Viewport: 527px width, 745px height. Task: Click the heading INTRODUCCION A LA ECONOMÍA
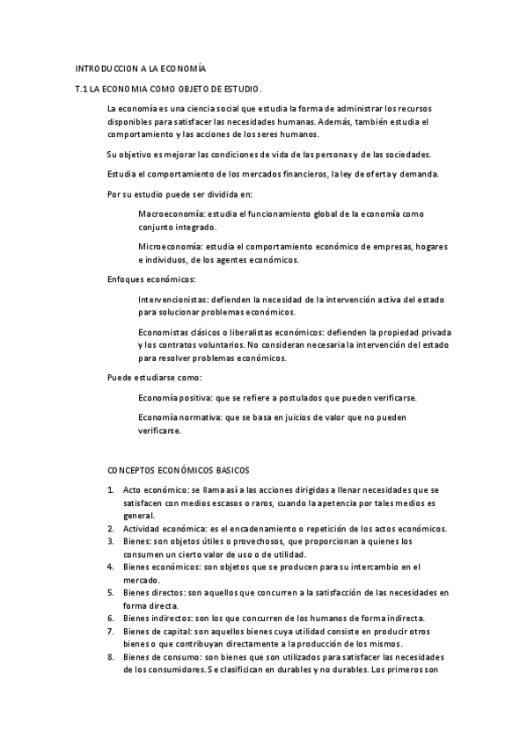(x=141, y=69)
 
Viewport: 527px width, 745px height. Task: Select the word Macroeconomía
(x=166, y=213)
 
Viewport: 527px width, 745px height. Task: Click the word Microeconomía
(x=165, y=247)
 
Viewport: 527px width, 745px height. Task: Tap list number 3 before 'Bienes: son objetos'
(x=111, y=541)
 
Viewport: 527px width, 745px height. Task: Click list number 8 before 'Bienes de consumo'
(x=111, y=657)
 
